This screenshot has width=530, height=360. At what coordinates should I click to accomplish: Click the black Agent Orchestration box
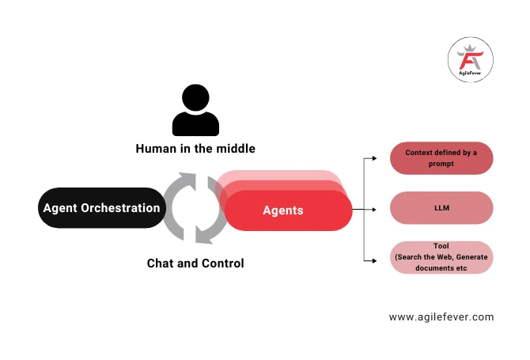pyautogui.click(x=101, y=208)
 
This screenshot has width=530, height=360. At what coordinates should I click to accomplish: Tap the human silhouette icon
pyautogui.click(x=195, y=111)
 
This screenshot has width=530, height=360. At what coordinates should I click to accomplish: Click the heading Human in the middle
pyautogui.click(x=195, y=149)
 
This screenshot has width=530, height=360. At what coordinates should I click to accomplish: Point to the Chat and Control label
pyautogui.click(x=195, y=263)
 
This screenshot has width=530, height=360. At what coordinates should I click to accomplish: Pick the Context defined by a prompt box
pyautogui.click(x=441, y=158)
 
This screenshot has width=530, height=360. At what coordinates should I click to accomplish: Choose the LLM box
pyautogui.click(x=441, y=208)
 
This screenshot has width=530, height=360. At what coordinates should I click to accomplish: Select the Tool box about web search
pyautogui.click(x=441, y=257)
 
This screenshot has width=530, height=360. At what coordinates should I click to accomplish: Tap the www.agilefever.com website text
pyautogui.click(x=441, y=316)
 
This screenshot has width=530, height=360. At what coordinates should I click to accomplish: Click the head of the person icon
pyautogui.click(x=195, y=99)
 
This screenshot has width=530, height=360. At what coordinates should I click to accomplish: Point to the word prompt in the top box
pyautogui.click(x=441, y=164)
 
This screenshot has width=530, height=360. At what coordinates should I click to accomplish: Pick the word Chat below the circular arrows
pyautogui.click(x=161, y=263)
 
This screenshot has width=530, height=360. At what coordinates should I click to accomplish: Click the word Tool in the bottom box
pyautogui.click(x=441, y=246)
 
